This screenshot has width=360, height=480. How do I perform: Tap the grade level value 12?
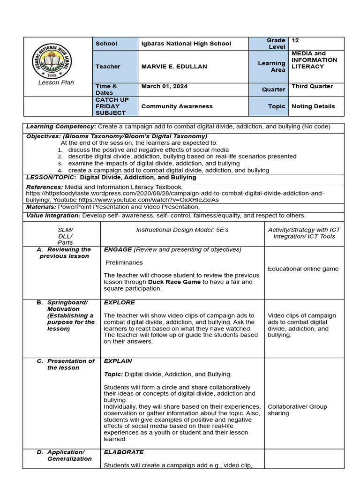pyautogui.click(x=295, y=41)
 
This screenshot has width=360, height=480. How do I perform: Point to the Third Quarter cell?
pyautogui.click(x=312, y=86)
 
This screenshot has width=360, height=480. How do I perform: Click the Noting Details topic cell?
pyautogui.click(x=313, y=106)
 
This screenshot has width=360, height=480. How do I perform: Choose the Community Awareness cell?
pyautogui.click(x=177, y=106)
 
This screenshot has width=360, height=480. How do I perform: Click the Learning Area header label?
pyautogui.click(x=271, y=67)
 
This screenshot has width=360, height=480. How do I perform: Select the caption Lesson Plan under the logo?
pyautogui.click(x=56, y=82)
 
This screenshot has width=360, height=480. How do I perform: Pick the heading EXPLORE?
pyautogui.click(x=120, y=303)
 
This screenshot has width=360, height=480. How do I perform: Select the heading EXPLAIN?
pyautogui.click(x=118, y=361)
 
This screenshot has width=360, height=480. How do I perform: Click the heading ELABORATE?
pyautogui.click(x=123, y=452)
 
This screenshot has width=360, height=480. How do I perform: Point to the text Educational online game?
pyautogui.click(x=303, y=269)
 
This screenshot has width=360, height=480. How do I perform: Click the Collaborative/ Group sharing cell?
pyautogui.click(x=297, y=410)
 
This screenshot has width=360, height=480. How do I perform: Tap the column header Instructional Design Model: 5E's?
pyautogui.click(x=182, y=230)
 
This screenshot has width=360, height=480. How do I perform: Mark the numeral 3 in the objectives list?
pyautogui.click(x=60, y=164)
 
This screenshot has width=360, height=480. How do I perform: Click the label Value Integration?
pyautogui.click(x=53, y=216)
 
